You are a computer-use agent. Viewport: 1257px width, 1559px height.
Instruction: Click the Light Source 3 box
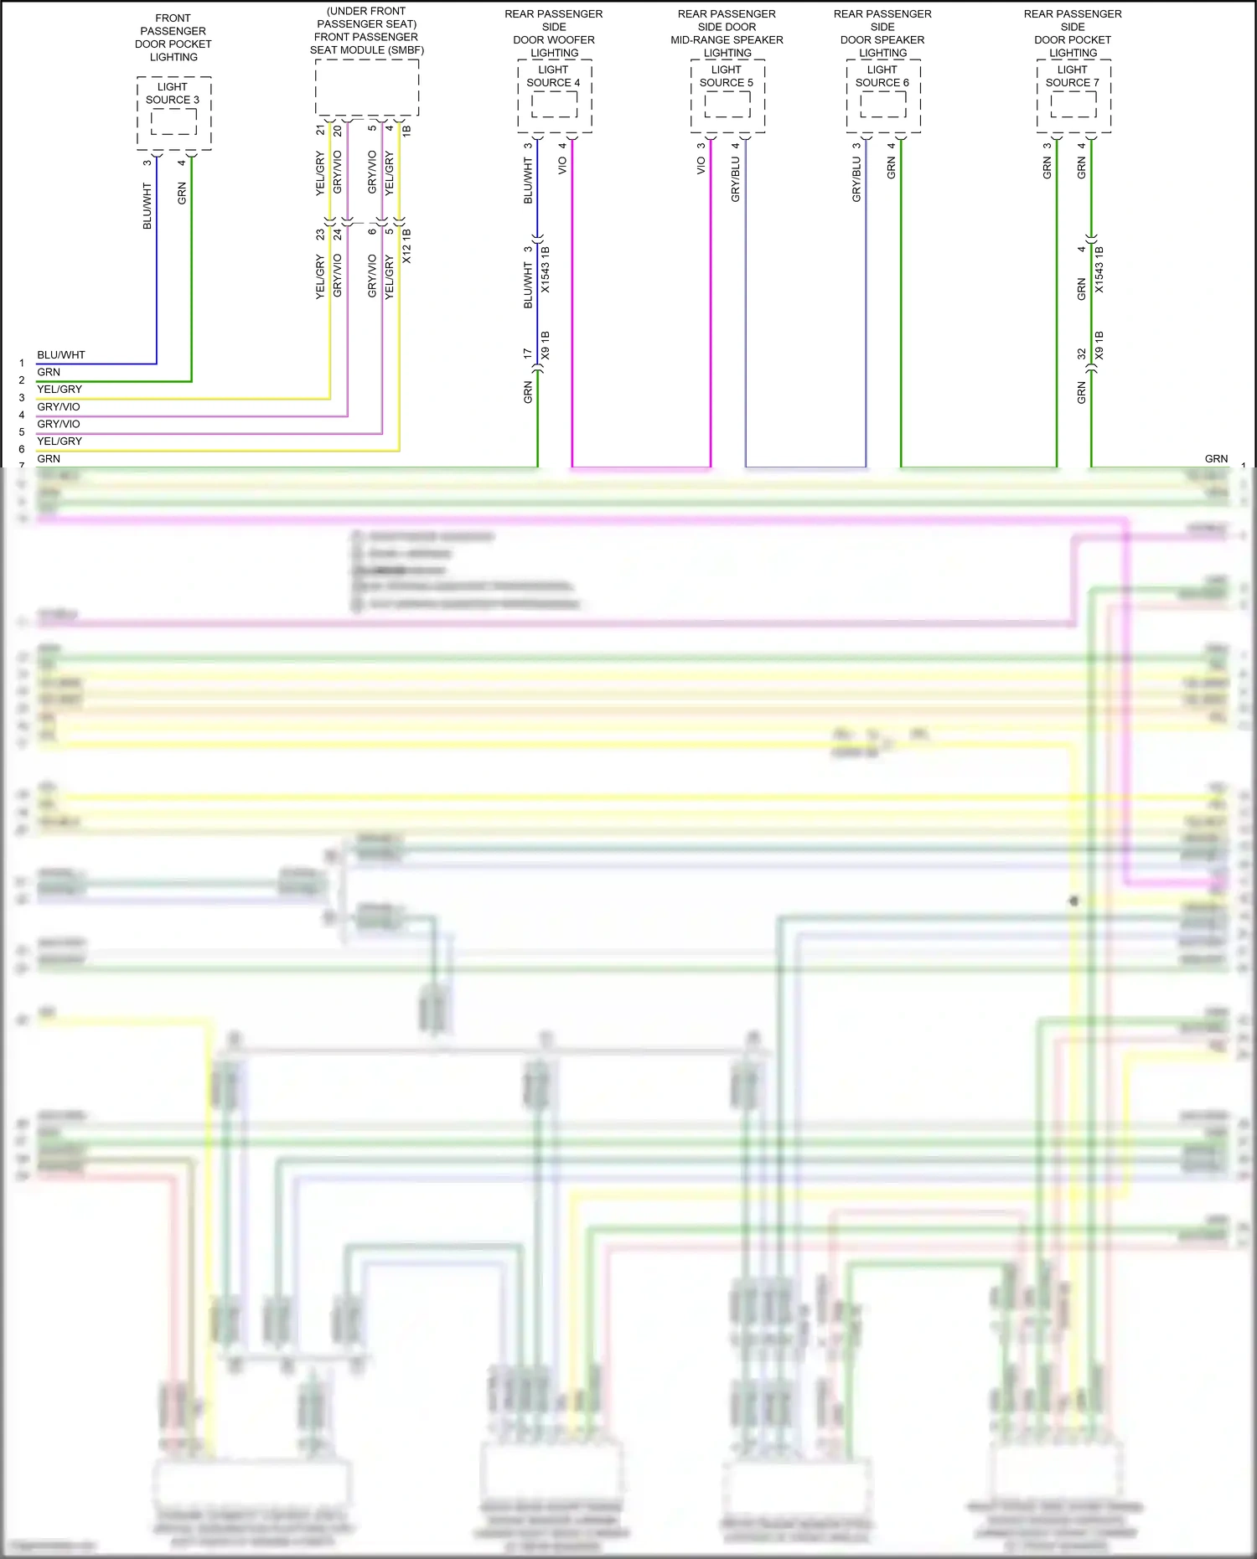tap(173, 113)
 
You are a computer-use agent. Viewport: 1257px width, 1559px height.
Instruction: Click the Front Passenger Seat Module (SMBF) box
tap(367, 87)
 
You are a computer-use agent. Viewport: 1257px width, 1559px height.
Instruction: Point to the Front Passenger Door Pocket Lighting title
tap(173, 38)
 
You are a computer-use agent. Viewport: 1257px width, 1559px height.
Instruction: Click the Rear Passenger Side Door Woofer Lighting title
tap(554, 34)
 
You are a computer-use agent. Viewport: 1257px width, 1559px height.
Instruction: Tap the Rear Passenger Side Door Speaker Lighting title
tap(882, 34)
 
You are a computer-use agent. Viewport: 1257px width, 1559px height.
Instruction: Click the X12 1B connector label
tap(407, 246)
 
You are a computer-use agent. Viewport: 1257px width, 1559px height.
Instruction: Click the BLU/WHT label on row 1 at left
tap(61, 355)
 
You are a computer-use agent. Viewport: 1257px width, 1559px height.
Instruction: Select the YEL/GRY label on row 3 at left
tap(59, 390)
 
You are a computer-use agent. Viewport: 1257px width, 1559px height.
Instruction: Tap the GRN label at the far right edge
tap(1216, 459)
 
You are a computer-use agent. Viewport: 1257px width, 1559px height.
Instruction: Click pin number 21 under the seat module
tap(320, 130)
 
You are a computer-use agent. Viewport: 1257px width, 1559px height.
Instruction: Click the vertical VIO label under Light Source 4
tap(562, 166)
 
